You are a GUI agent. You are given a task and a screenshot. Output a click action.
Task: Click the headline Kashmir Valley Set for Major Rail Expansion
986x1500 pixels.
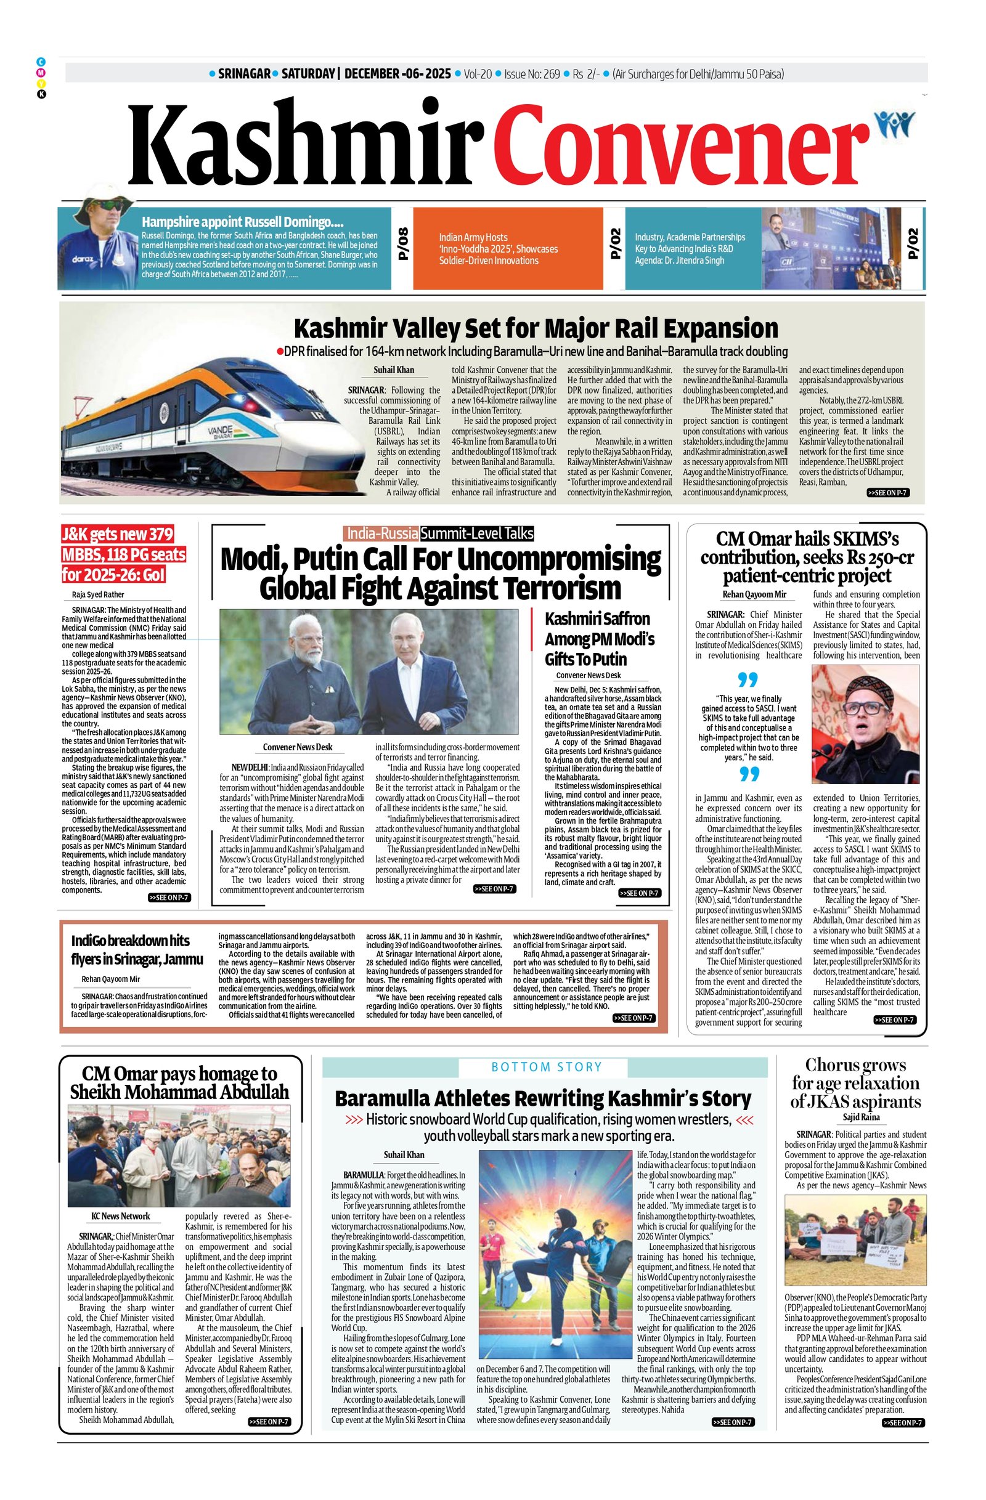[536, 328]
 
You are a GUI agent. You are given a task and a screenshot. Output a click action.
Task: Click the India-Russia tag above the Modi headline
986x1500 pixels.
[382, 533]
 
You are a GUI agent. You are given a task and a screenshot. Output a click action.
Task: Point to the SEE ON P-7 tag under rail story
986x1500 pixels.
[887, 493]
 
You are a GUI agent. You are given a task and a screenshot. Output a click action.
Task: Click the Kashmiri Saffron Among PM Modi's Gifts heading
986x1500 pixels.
[600, 638]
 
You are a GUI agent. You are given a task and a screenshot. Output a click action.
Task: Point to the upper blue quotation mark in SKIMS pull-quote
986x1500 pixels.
[748, 680]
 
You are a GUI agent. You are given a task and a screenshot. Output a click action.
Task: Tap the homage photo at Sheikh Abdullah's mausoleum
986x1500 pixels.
[179, 1156]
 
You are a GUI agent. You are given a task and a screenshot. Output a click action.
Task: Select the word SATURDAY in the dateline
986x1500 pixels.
[308, 74]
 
